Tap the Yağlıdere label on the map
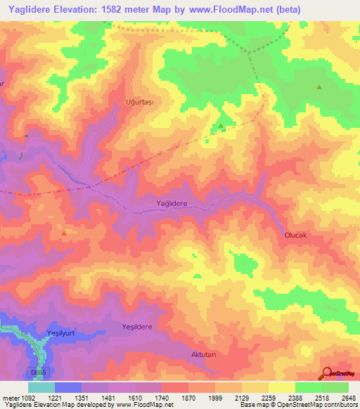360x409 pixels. [171, 203]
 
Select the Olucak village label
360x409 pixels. [296, 235]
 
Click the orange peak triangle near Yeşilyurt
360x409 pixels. [65, 233]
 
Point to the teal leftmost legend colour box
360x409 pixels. [41, 387]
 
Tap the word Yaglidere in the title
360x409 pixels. [32, 10]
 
